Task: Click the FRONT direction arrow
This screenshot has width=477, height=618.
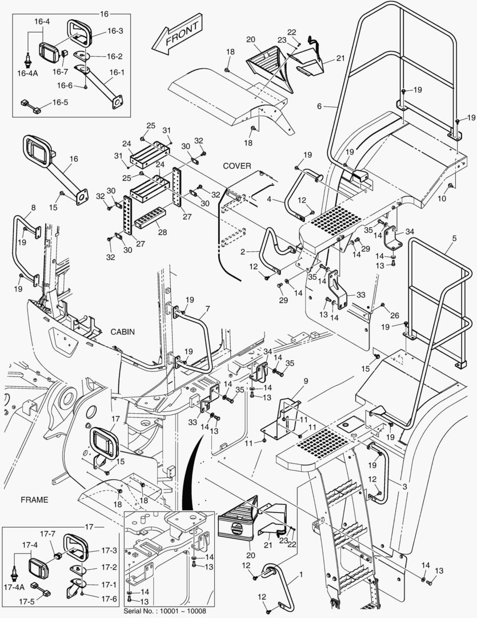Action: click(x=177, y=34)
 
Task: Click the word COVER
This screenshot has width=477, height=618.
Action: click(x=237, y=166)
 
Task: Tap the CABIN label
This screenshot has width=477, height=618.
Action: click(x=122, y=332)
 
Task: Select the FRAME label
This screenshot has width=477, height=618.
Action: click(x=34, y=500)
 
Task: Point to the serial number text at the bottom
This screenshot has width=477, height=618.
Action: click(x=165, y=611)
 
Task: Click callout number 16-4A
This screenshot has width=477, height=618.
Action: click(x=27, y=73)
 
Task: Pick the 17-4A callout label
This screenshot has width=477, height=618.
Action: click(x=14, y=587)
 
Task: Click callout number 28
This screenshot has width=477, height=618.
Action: click(x=163, y=232)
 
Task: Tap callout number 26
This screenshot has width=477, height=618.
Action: click(x=394, y=315)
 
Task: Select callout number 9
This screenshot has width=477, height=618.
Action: click(x=306, y=381)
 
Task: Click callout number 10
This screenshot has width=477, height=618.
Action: click(x=442, y=198)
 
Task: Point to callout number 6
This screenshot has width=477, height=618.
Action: click(x=319, y=106)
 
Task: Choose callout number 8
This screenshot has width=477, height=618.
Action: click(x=34, y=207)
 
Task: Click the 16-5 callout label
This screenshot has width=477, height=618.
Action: click(x=60, y=102)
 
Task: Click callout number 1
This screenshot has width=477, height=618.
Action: click(x=301, y=575)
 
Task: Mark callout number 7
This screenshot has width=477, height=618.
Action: click(x=207, y=308)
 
